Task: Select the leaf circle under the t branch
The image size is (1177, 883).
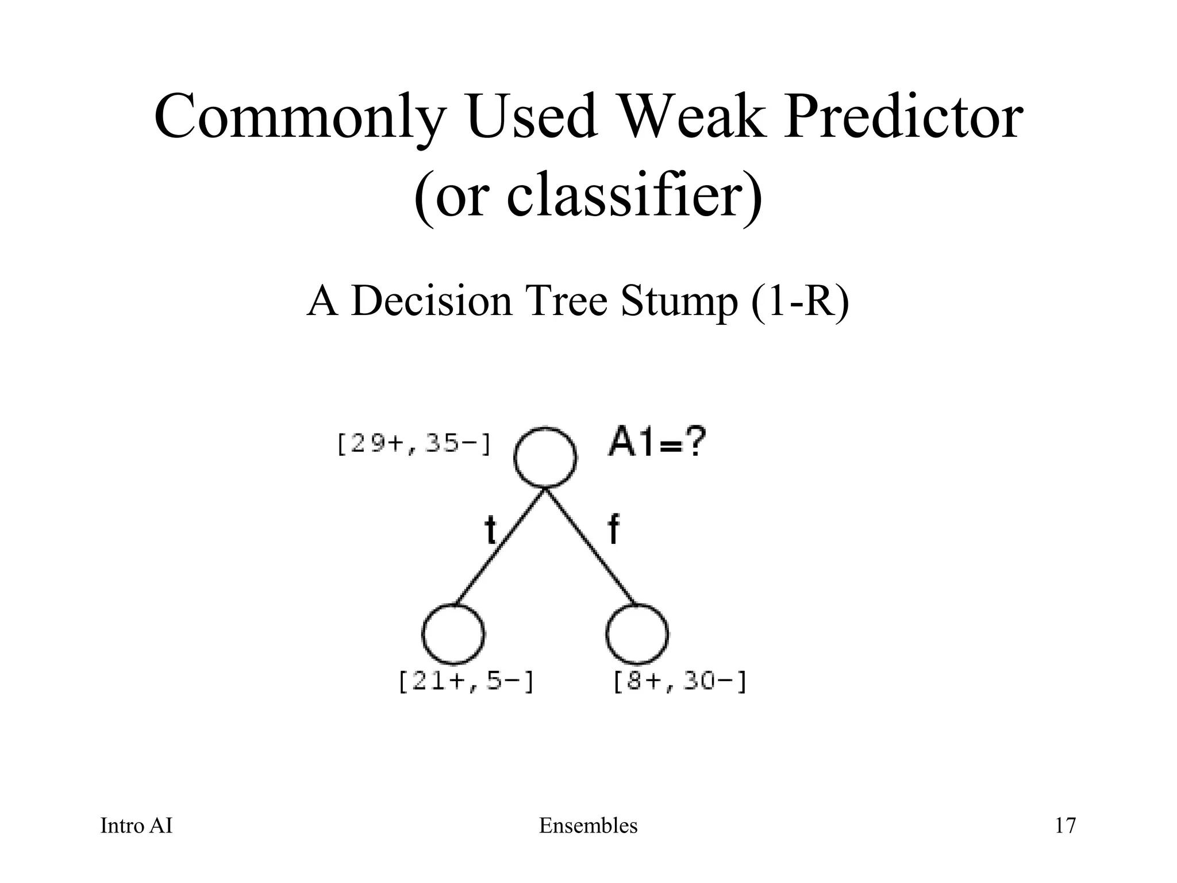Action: pos(453,634)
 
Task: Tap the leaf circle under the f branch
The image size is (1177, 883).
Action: pos(637,634)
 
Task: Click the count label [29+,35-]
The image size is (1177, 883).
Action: pos(413,444)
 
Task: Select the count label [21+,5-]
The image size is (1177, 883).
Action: pos(466,682)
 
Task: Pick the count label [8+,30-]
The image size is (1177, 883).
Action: pos(680,682)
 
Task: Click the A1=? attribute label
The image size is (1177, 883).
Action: pos(656,444)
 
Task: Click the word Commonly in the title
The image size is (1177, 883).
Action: pos(299,117)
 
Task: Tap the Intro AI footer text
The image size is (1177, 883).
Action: pos(136,826)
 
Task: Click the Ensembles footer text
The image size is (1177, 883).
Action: pos(588,826)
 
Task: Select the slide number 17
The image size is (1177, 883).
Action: pos(1065,826)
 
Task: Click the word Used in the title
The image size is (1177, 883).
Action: pos(532,117)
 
